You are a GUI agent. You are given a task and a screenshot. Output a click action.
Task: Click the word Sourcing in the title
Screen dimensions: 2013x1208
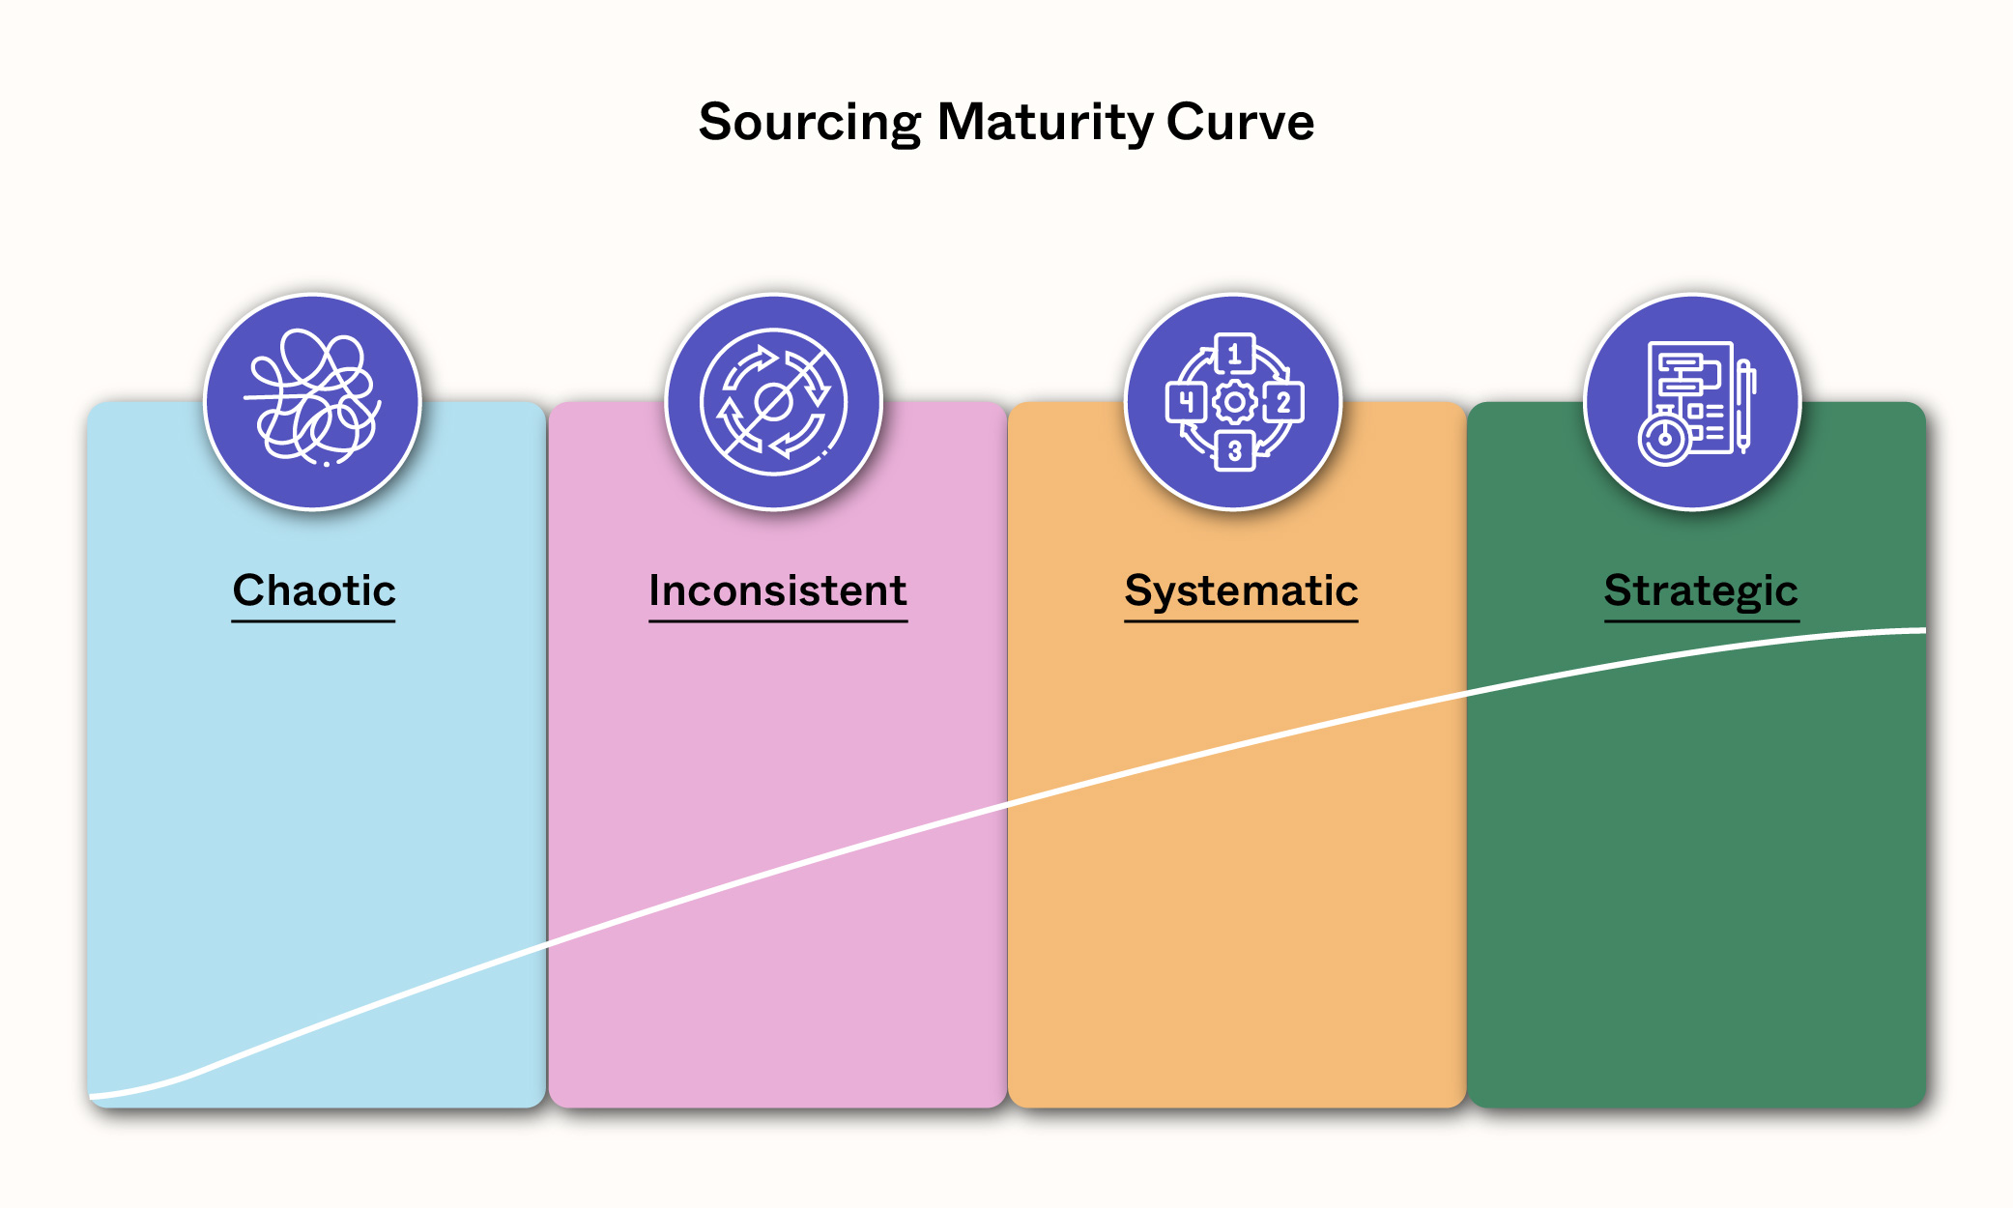810,124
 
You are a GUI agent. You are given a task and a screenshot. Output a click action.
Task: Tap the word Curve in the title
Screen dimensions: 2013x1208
1240,123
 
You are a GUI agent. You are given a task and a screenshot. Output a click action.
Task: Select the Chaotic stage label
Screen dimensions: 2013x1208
314,590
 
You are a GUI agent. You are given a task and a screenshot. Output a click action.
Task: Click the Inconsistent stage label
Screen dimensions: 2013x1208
778,590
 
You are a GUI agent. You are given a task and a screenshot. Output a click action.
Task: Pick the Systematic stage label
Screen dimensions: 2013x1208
1241,591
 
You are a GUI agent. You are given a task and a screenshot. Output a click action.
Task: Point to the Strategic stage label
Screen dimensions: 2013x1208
1701,591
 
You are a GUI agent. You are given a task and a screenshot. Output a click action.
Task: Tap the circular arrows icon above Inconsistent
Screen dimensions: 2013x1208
773,401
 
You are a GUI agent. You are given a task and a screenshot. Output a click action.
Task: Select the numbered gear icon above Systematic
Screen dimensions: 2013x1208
1234,401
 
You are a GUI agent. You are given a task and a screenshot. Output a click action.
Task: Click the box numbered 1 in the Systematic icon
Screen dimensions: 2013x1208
1234,354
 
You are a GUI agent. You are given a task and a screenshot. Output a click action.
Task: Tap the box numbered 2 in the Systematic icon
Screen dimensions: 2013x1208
1283,402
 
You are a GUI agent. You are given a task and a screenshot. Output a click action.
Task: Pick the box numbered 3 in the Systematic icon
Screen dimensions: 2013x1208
1234,450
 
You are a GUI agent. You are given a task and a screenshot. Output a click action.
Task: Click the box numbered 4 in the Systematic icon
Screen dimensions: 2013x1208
1186,402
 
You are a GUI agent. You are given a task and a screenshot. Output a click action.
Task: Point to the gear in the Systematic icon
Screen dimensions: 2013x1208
1234,402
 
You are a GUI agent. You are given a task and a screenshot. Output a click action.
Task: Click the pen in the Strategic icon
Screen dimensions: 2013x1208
1745,405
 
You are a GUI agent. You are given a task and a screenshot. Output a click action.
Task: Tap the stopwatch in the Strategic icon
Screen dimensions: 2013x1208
1664,438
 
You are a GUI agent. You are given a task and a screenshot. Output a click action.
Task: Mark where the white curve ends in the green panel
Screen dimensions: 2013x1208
1925,631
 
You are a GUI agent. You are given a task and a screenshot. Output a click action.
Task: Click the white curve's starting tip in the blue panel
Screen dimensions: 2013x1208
91,1097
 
